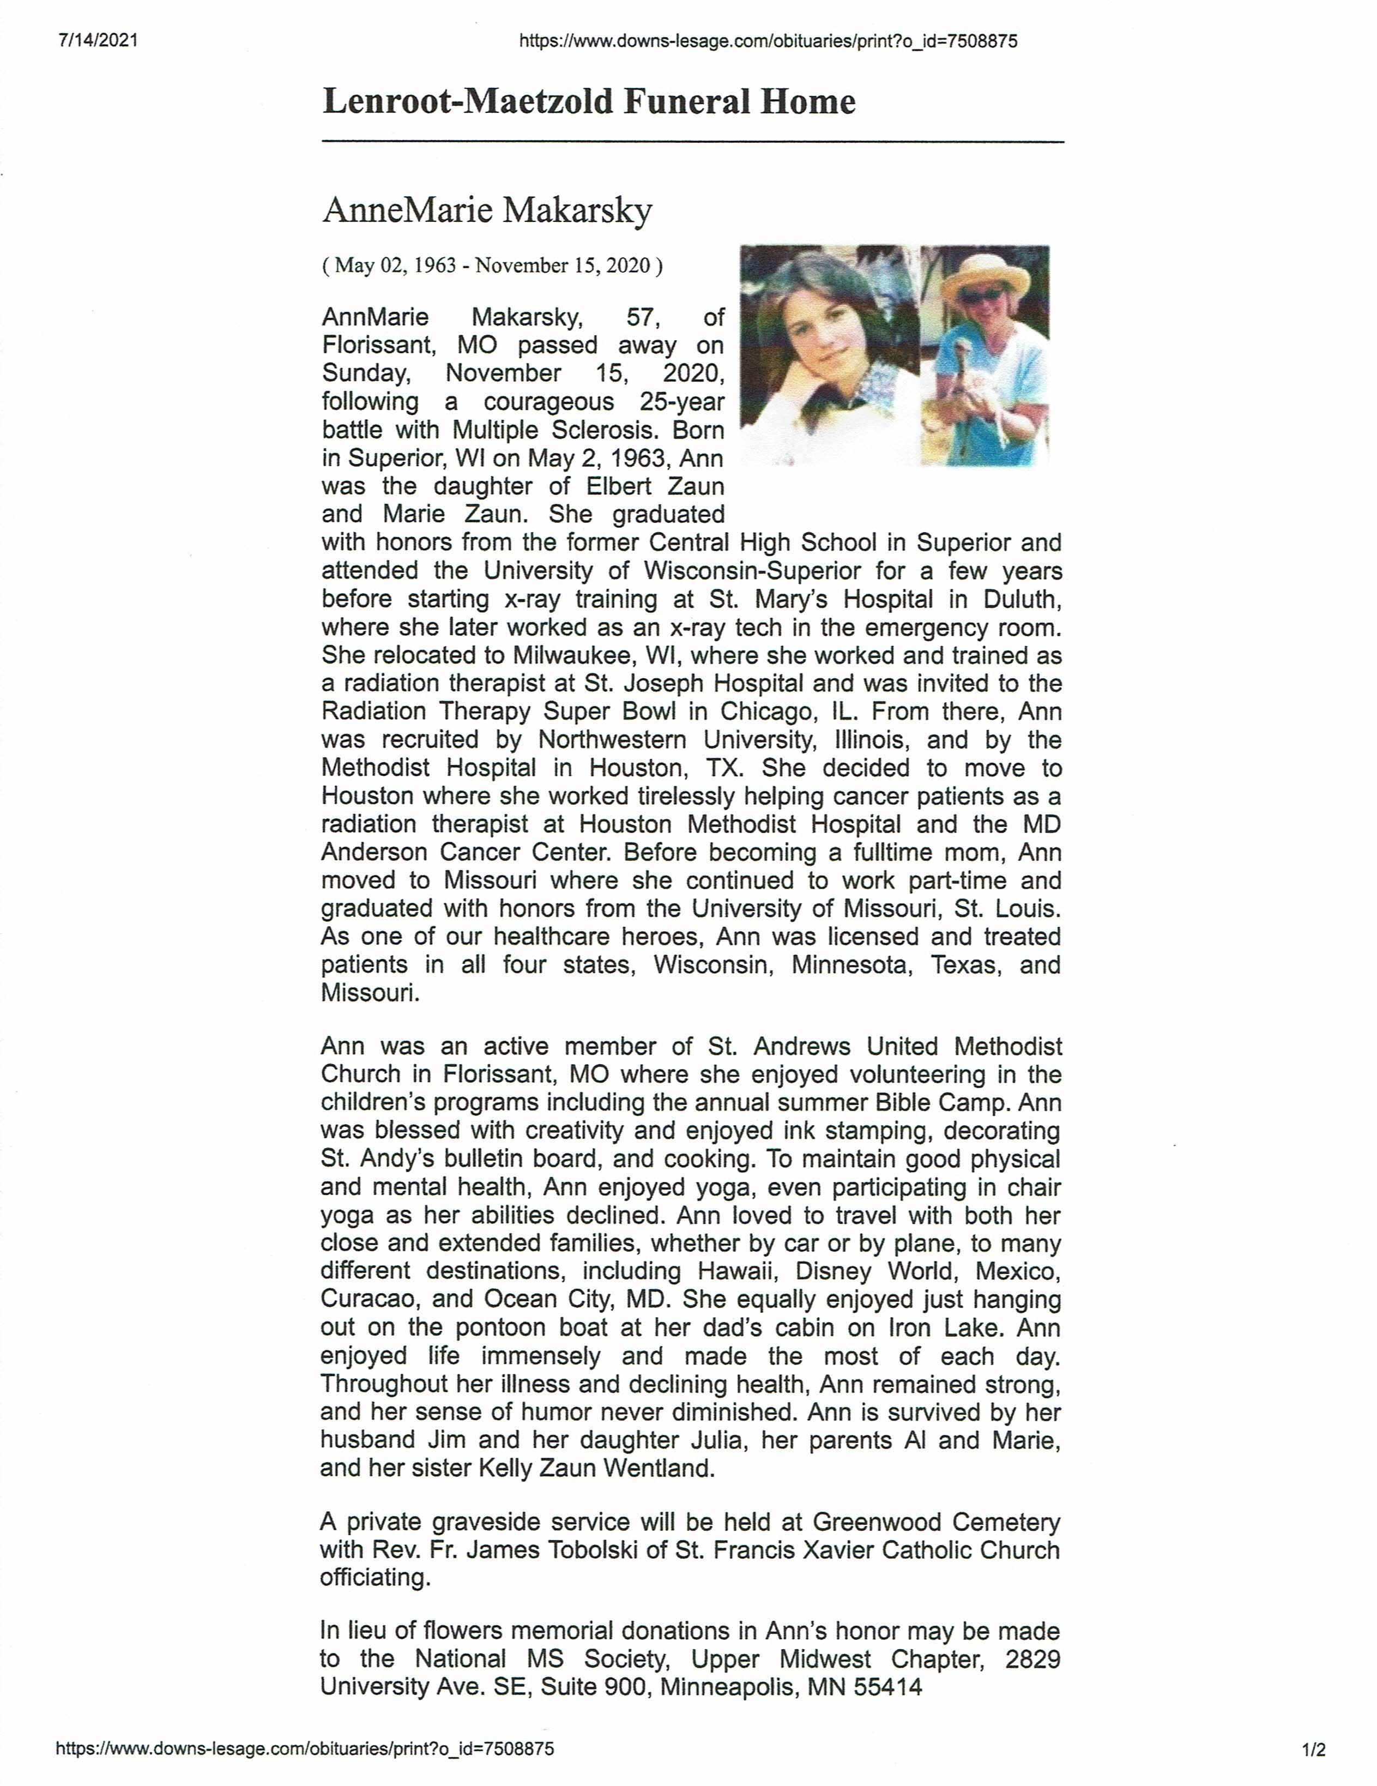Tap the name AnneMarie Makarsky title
click(x=487, y=210)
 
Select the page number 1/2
click(x=1314, y=1750)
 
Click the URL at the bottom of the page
click(x=304, y=1749)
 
